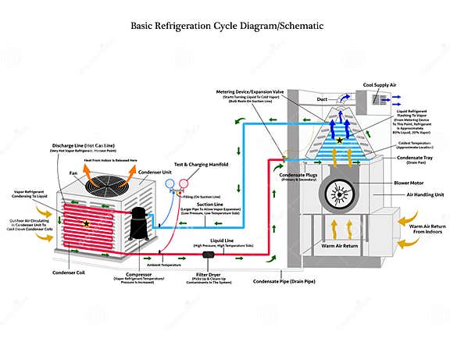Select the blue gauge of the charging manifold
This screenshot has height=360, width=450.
click(x=171, y=185)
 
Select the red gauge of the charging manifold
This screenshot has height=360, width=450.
click(x=184, y=185)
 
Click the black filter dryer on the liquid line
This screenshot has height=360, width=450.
click(x=209, y=255)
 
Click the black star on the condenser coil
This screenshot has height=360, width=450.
click(x=86, y=224)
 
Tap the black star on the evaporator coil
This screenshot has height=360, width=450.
click(x=339, y=141)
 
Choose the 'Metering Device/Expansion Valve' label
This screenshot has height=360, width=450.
click(x=254, y=92)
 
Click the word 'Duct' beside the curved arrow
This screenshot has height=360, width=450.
click(x=322, y=100)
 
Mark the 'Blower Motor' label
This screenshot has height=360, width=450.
click(x=409, y=182)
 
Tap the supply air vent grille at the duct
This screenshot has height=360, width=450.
click(x=384, y=100)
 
